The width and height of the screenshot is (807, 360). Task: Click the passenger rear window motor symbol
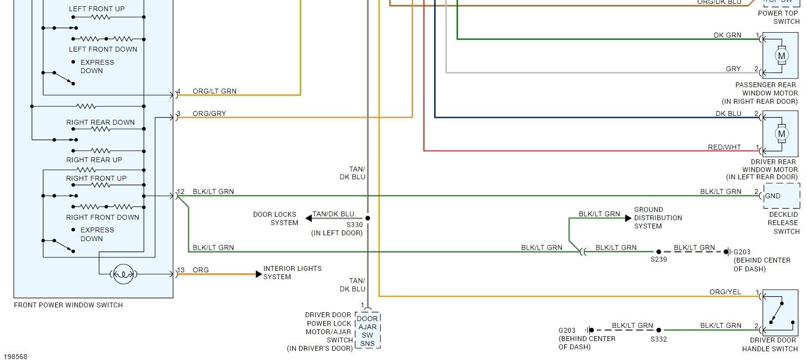(781, 56)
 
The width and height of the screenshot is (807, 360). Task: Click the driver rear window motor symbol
(781, 134)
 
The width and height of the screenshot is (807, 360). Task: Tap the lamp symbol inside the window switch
(122, 274)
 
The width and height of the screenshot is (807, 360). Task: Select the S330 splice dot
(368, 218)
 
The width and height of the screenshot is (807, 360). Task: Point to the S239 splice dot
(658, 252)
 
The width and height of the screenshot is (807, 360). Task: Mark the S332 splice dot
(658, 330)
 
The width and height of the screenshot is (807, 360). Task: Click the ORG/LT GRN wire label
(214, 91)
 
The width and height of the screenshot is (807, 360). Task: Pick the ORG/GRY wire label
(209, 114)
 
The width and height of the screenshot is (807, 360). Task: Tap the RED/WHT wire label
(724, 147)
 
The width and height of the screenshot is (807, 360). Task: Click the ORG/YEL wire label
(725, 292)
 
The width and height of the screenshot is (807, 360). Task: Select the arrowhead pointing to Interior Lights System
(259, 274)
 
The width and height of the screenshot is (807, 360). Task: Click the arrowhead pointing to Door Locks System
(309, 218)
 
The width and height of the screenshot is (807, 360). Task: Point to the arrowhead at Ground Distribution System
(628, 218)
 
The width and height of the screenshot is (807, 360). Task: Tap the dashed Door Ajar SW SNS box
(367, 331)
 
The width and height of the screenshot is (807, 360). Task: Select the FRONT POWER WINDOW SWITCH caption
(68, 305)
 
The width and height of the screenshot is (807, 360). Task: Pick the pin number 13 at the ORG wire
(181, 270)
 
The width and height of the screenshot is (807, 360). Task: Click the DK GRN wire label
(727, 35)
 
